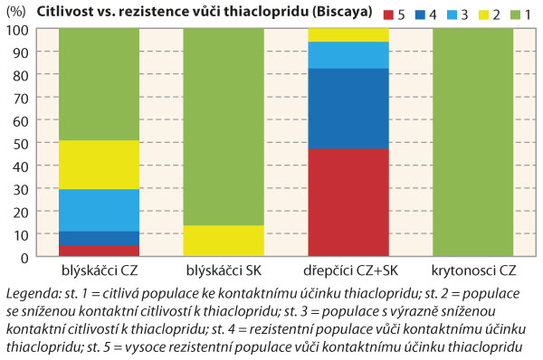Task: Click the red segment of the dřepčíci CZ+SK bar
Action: click(348, 203)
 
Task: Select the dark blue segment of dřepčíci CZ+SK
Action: click(348, 109)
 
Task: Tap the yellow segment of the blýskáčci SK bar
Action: click(223, 241)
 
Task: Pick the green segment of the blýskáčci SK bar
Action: click(223, 127)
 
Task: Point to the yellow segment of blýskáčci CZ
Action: click(99, 165)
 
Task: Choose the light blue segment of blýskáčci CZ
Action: click(99, 210)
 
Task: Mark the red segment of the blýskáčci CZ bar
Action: click(99, 251)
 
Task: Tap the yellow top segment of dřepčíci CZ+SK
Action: click(348, 34)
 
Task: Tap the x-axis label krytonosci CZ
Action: click(472, 271)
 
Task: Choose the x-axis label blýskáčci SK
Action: click(223, 271)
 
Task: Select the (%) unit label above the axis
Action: click(16, 12)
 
